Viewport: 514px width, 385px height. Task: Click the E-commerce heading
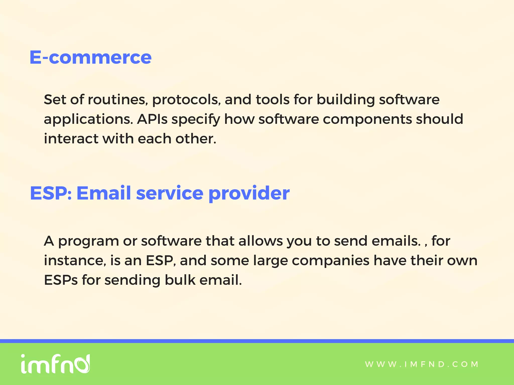[90, 57]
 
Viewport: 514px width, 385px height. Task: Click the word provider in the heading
[249, 193]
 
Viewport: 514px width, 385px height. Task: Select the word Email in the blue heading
[103, 193]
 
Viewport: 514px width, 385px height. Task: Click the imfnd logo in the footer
[55, 364]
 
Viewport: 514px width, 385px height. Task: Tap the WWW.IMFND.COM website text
[422, 364]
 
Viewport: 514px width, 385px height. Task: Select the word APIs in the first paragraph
[152, 119]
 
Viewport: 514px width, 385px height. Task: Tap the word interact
[71, 139]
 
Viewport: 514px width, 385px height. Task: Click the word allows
[261, 241]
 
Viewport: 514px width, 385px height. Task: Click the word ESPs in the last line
[61, 280]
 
